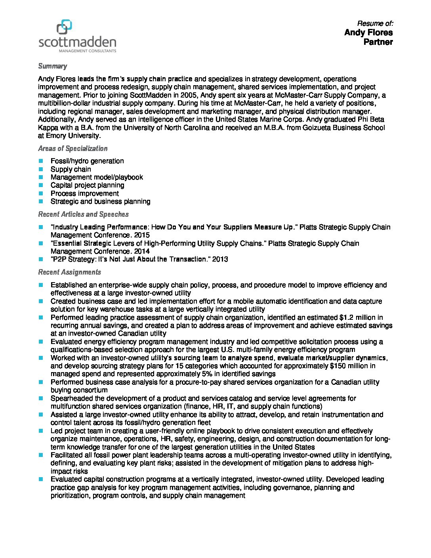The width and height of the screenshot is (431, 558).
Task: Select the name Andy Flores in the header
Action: pyautogui.click(x=368, y=32)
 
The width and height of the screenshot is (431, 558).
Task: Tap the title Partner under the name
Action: pyautogui.click(x=378, y=42)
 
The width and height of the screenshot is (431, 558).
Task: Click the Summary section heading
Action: pyautogui.click(x=52, y=66)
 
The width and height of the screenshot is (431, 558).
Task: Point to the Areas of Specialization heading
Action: pyautogui.click(x=72, y=149)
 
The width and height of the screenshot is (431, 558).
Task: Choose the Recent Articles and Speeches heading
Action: pyautogui.click(x=83, y=214)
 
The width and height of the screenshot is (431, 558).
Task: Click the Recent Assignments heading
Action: pyautogui.click(x=69, y=272)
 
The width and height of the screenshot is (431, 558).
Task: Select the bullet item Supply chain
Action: pyautogui.click(x=71, y=169)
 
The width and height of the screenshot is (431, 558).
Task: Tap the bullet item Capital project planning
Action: pyautogui.click(x=87, y=185)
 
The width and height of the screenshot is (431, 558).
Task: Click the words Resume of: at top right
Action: pyautogui.click(x=375, y=23)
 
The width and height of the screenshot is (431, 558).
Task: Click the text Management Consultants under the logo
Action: pyautogui.click(x=88, y=51)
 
